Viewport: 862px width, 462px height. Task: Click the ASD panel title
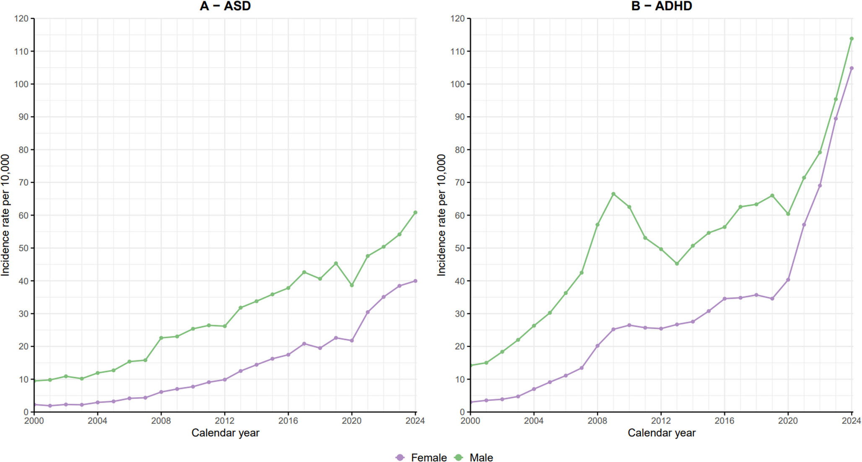pyautogui.click(x=225, y=6)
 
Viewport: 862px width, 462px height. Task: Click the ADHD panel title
pyautogui.click(x=661, y=6)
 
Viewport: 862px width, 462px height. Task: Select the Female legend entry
pyautogui.click(x=421, y=457)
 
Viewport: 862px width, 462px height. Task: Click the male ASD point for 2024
pyautogui.click(x=415, y=213)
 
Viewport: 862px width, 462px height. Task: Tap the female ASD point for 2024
pyautogui.click(x=415, y=281)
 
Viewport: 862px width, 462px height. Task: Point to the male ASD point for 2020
pyautogui.click(x=352, y=285)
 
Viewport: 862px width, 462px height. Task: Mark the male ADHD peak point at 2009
pyautogui.click(x=613, y=194)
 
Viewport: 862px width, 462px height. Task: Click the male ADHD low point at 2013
pyautogui.click(x=677, y=264)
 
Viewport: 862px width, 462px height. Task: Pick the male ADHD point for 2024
pyautogui.click(x=852, y=39)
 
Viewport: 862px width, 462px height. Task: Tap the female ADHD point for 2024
pyautogui.click(x=852, y=68)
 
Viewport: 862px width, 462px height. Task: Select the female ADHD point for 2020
pyautogui.click(x=788, y=280)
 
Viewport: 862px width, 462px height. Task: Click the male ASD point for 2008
pyautogui.click(x=161, y=338)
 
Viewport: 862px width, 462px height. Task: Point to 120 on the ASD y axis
pyautogui.click(x=21, y=18)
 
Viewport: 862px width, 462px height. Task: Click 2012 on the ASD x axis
pyautogui.click(x=224, y=420)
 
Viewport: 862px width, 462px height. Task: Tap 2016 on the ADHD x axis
pyautogui.click(x=724, y=420)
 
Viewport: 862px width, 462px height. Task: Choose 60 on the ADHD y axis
pyautogui.click(x=459, y=215)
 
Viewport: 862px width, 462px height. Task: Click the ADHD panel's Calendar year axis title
pyautogui.click(x=661, y=433)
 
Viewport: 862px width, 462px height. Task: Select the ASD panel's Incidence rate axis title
pyautogui.click(x=5, y=215)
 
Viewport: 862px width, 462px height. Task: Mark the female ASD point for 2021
pyautogui.click(x=368, y=312)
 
